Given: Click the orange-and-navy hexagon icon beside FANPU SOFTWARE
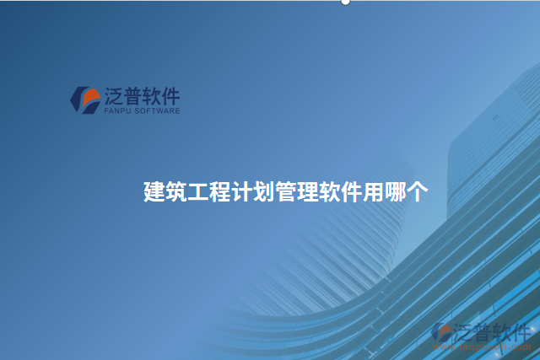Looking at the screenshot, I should pyautogui.click(x=85, y=99).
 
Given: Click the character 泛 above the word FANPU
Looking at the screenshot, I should pyautogui.click(x=113, y=94).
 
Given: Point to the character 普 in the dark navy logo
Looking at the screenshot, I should pyautogui.click(x=135, y=94).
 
